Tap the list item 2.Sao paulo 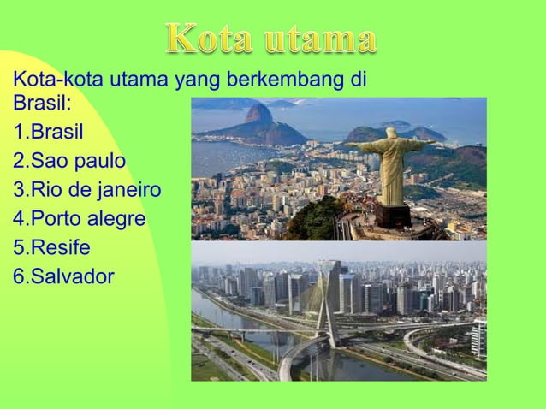(x=69, y=161)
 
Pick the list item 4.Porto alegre (x=80, y=219)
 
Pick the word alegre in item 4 (x=117, y=219)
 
